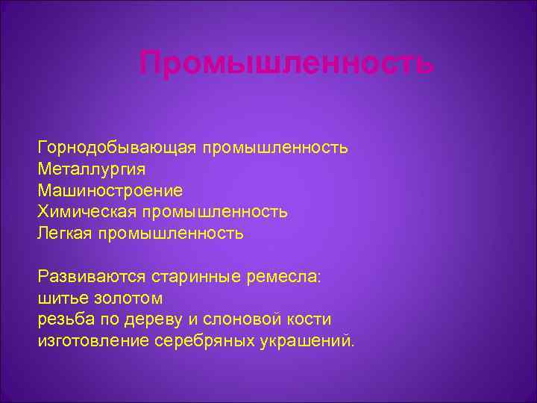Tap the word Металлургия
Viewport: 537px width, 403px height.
(x=87, y=169)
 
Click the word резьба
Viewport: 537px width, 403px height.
(x=64, y=320)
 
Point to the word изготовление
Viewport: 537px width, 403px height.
(x=93, y=342)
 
